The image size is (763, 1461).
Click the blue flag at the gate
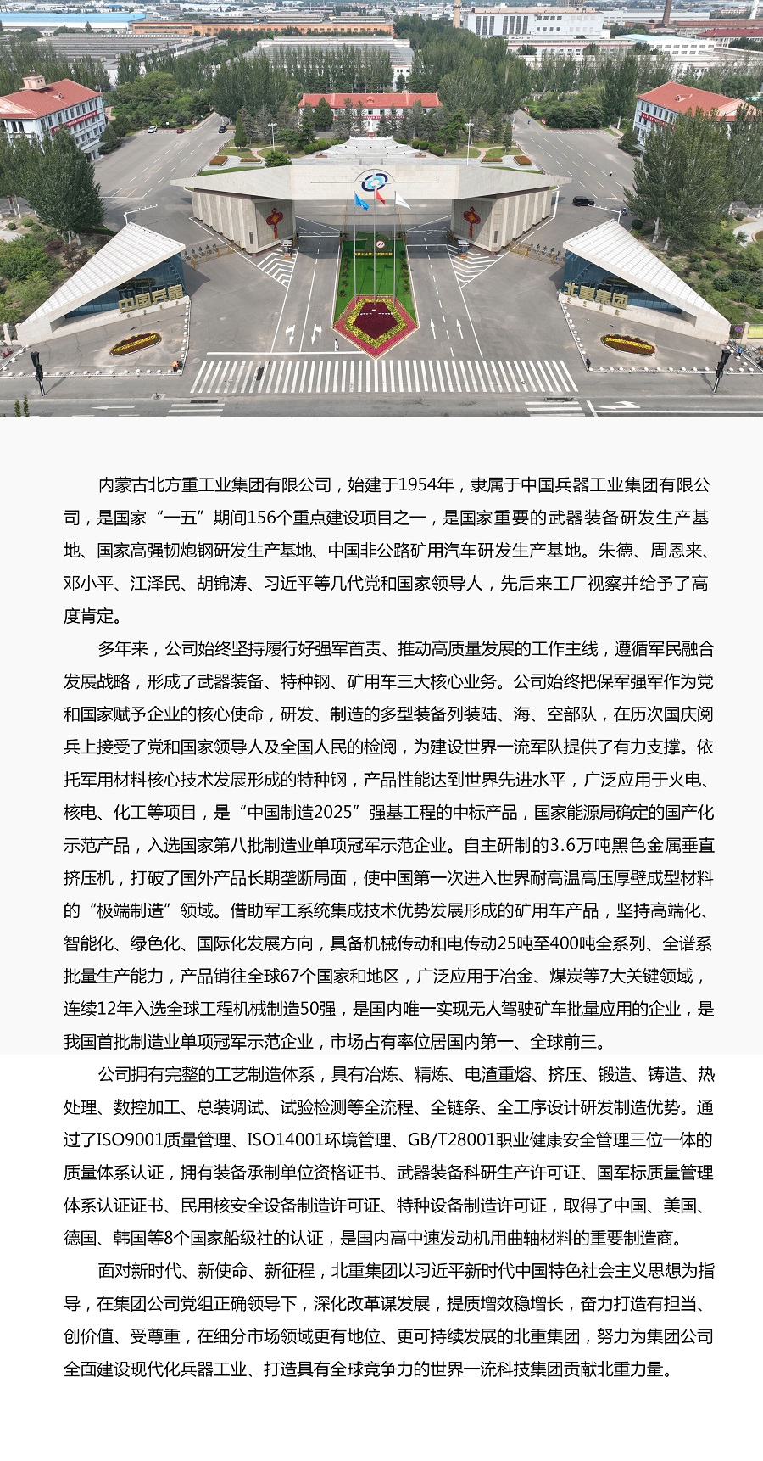362,203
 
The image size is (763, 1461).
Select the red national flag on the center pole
380,196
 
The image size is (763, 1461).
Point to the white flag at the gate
402,200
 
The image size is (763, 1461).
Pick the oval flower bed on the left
136,343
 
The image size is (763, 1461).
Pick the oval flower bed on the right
627,344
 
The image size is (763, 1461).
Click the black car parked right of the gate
582,201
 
